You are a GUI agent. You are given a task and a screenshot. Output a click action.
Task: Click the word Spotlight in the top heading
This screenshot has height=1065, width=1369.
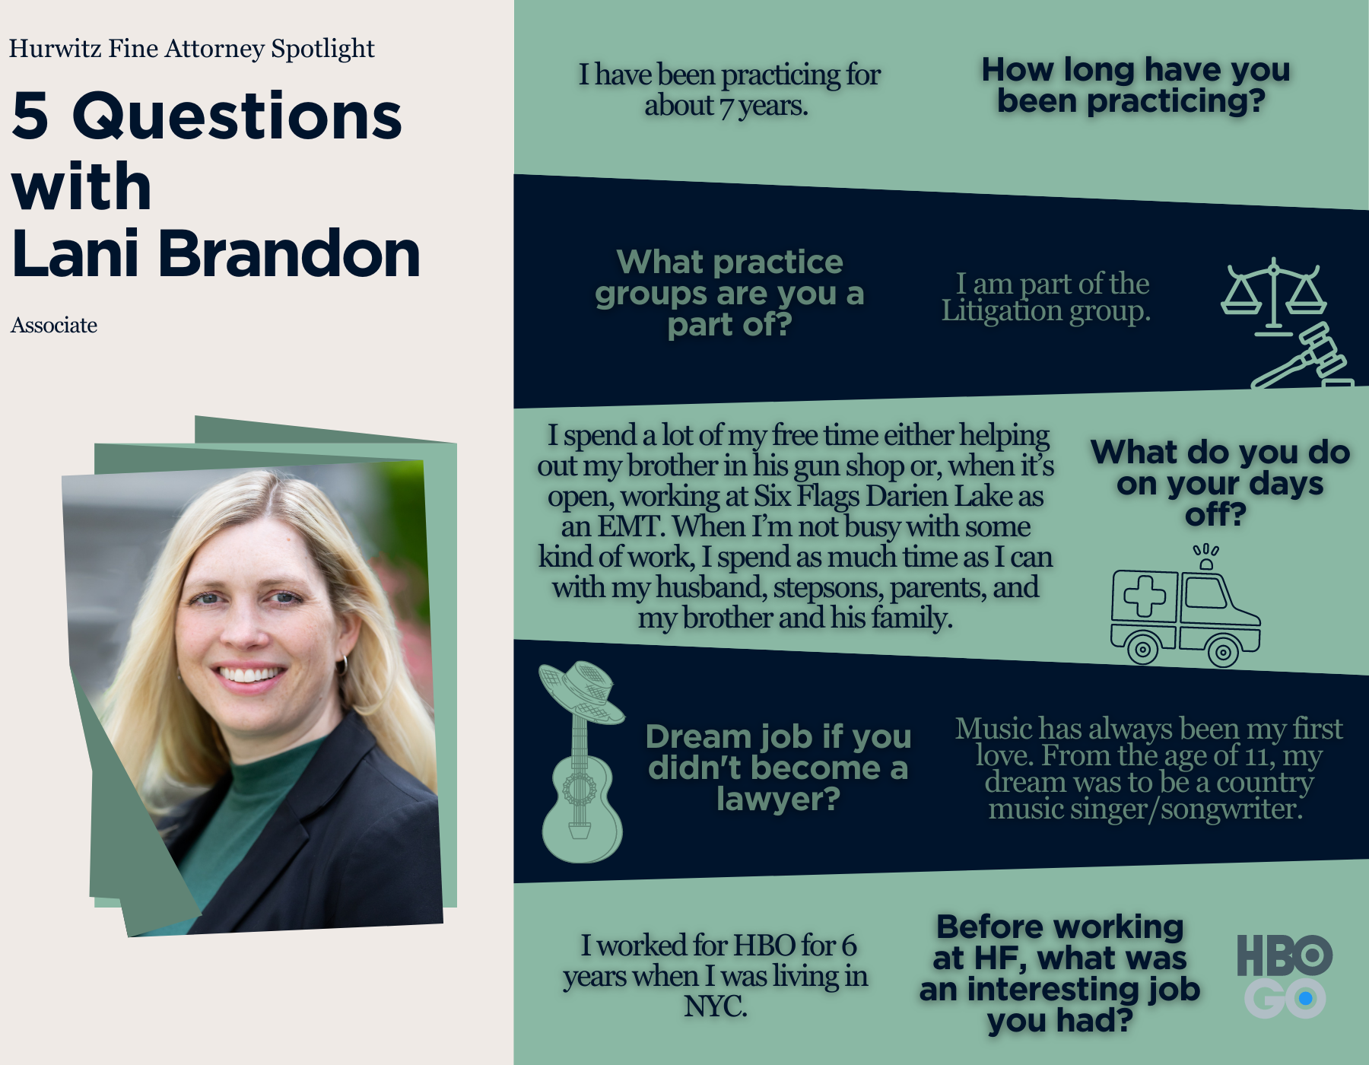tap(322, 49)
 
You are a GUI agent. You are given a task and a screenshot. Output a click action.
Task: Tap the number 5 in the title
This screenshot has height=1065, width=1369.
tap(30, 116)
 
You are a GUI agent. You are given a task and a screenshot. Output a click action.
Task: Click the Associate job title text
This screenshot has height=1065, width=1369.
tap(54, 326)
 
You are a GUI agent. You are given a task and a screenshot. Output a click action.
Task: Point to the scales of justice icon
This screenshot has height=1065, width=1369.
tap(1274, 298)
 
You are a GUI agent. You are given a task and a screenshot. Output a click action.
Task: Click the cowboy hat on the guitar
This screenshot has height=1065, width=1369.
tap(581, 692)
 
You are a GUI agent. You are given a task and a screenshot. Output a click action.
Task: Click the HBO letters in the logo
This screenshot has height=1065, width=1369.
tap(1284, 955)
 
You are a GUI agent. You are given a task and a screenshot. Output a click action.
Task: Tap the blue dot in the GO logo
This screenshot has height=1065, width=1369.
tap(1306, 998)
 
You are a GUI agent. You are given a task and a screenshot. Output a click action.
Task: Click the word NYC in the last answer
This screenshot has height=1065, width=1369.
tap(715, 1006)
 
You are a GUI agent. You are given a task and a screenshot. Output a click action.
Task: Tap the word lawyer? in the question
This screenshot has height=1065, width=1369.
tap(778, 800)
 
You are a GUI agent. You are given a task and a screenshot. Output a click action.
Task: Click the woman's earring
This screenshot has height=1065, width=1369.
tap(342, 665)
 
